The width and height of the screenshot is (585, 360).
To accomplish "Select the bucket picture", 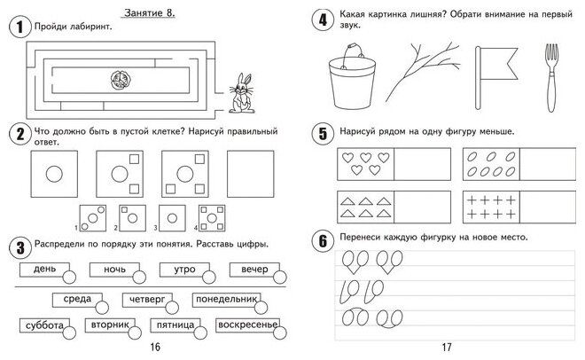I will (348, 74).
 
